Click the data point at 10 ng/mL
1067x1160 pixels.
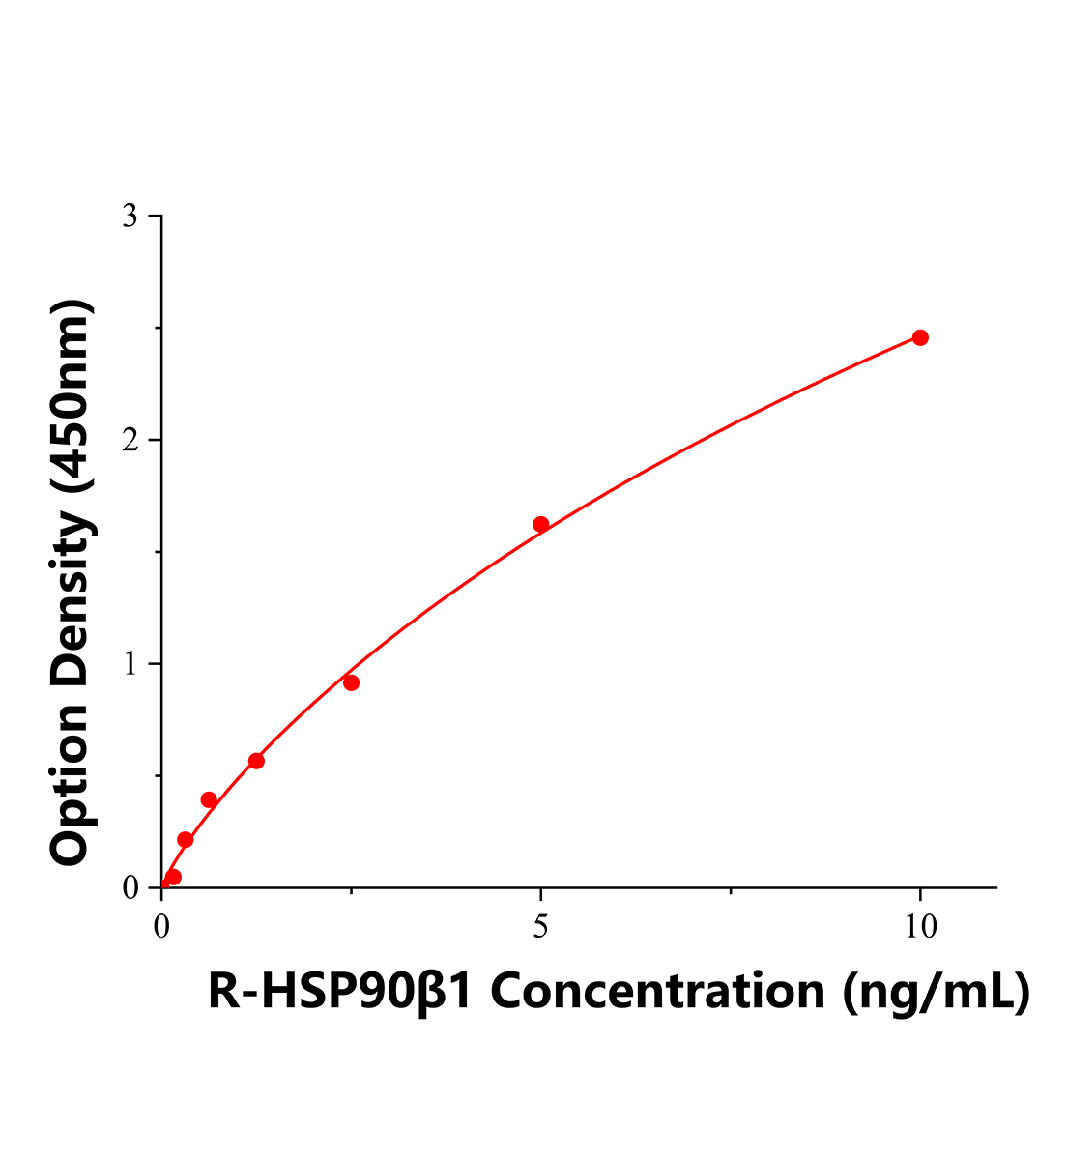pyautogui.click(x=920, y=337)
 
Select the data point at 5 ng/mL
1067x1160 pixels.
pyautogui.click(x=541, y=524)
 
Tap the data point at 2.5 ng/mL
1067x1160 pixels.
pyautogui.click(x=352, y=682)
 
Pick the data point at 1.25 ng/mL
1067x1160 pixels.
pyautogui.click(x=256, y=761)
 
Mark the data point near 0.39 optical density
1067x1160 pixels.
pyautogui.click(x=209, y=799)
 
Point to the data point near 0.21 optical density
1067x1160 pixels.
pyautogui.click(x=186, y=840)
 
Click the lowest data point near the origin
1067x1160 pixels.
pyautogui.click(x=173, y=877)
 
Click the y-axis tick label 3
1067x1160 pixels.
pyautogui.click(x=130, y=217)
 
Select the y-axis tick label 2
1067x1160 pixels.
pyautogui.click(x=130, y=441)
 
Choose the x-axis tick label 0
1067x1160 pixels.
pyautogui.click(x=162, y=927)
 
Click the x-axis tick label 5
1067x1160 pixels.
pyautogui.click(x=541, y=927)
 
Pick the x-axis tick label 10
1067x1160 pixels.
pyautogui.click(x=920, y=927)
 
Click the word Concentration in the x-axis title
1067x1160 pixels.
pyautogui.click(x=658, y=992)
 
